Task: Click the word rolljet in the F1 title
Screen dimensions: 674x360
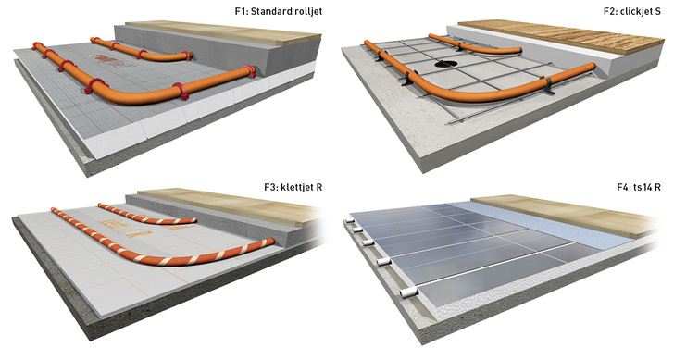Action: coord(307,11)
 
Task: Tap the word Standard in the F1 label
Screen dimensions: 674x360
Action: coord(270,11)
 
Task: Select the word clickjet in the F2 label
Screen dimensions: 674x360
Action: coord(635,11)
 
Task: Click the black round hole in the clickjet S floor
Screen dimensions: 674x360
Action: coord(445,65)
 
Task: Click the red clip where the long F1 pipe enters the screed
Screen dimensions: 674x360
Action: coord(249,71)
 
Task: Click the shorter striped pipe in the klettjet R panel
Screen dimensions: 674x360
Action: coord(146,215)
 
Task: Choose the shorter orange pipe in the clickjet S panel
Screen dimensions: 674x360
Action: coord(475,45)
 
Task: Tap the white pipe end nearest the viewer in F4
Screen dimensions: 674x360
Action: coord(409,293)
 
